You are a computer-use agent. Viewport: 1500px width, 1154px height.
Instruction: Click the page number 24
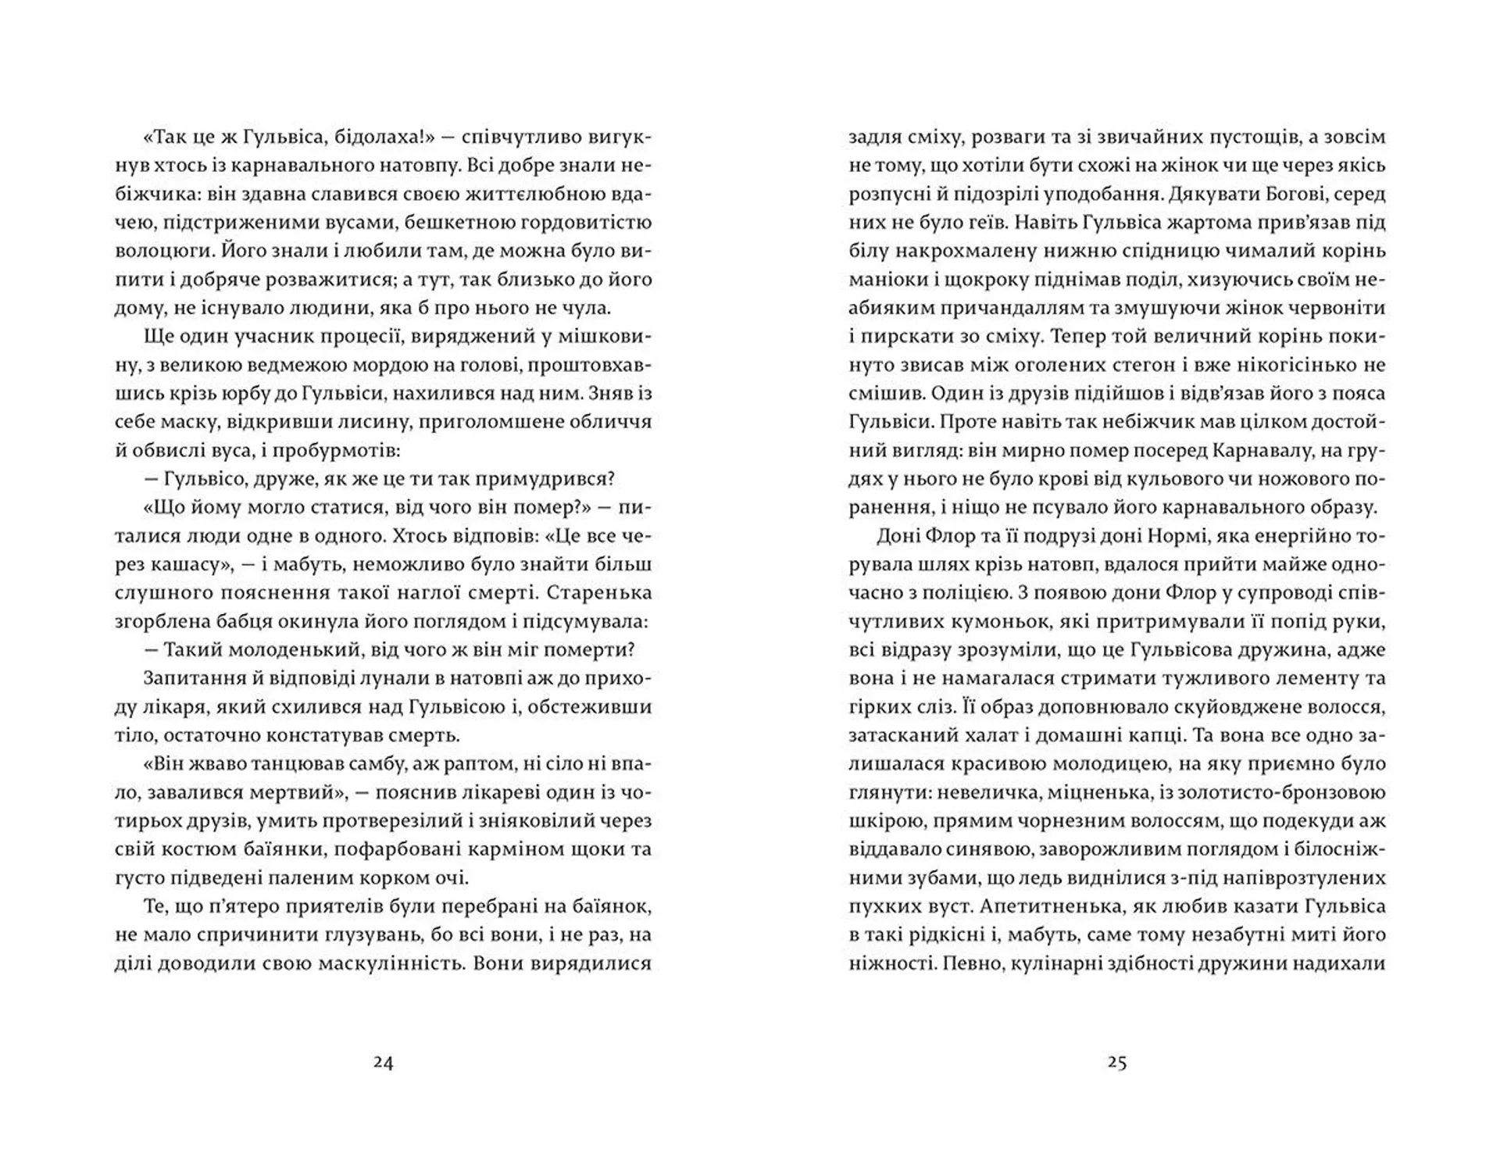point(383,1063)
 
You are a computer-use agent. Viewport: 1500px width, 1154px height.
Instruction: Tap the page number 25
point(1116,1063)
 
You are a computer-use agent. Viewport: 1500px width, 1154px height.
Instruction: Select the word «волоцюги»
point(162,252)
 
